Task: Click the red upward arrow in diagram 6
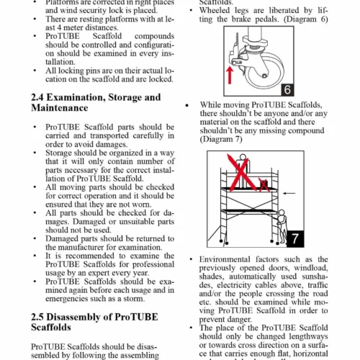tap(230, 75)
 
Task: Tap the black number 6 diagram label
tap(287, 90)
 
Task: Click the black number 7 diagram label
tap(295, 239)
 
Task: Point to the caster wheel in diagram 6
tap(265, 71)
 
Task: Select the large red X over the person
tap(241, 173)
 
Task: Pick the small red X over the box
tap(264, 185)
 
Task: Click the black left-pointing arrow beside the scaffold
tap(289, 193)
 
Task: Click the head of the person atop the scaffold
tap(243, 157)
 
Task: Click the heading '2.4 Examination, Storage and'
tap(96, 97)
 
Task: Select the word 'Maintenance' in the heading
tap(60, 108)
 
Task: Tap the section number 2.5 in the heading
tap(37, 317)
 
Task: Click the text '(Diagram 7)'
tap(221, 139)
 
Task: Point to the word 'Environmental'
tap(225, 259)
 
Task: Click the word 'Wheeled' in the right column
tap(215, 10)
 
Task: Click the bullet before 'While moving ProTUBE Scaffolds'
tap(187, 105)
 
